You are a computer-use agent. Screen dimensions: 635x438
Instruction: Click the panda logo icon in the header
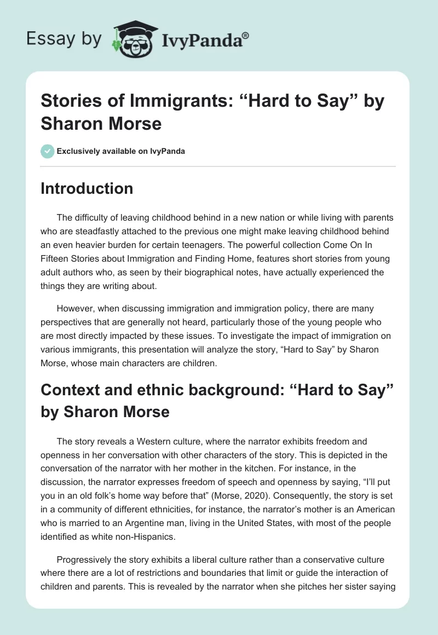134,39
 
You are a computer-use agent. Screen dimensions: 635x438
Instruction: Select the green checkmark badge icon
48,151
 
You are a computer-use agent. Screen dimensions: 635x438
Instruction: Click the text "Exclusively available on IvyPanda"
121,151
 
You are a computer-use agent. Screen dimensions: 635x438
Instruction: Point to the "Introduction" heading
87,188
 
